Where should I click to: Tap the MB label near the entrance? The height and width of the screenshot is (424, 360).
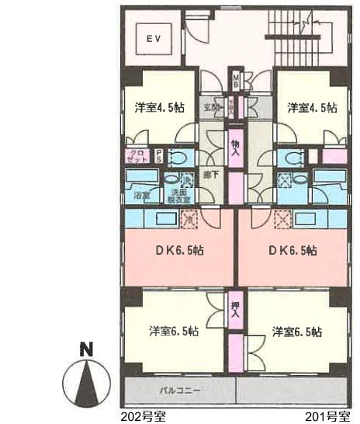pyautogui.click(x=234, y=79)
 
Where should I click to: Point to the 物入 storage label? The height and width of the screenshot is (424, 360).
pyautogui.click(x=235, y=148)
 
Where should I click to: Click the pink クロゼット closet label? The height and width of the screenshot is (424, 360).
pyautogui.click(x=137, y=155)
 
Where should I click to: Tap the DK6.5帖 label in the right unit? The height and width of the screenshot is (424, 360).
pyautogui.click(x=292, y=250)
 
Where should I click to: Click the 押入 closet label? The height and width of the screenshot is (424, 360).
pyautogui.click(x=235, y=310)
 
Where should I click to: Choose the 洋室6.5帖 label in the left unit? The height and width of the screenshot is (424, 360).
pyautogui.click(x=173, y=331)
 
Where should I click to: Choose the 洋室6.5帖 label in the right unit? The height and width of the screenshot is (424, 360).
pyautogui.click(x=296, y=331)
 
